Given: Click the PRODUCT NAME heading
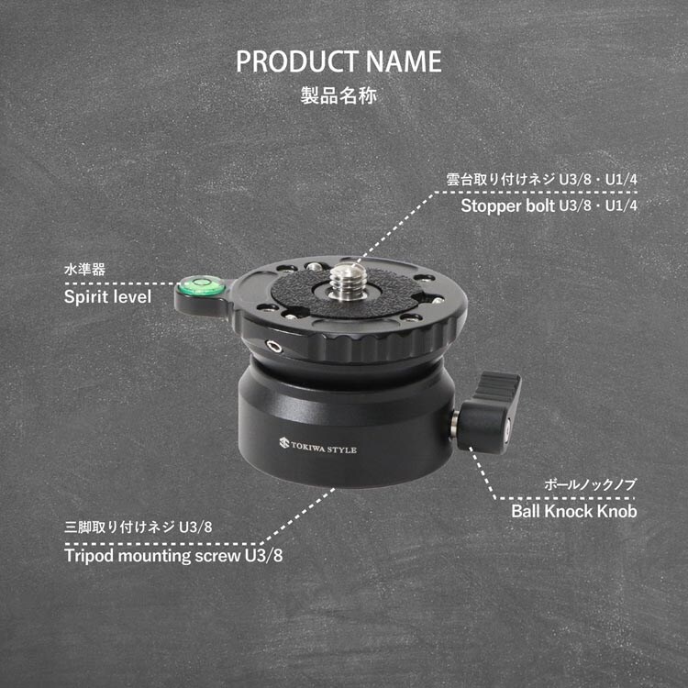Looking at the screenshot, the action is pyautogui.click(x=338, y=61).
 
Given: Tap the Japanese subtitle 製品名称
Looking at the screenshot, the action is pyautogui.click(x=338, y=95).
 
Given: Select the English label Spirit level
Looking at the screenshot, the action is pyautogui.click(x=108, y=296).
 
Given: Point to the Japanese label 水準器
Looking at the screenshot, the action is pyautogui.click(x=84, y=269).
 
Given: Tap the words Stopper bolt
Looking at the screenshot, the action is pyautogui.click(x=507, y=205).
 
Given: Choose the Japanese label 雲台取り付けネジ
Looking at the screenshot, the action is pyautogui.click(x=501, y=179).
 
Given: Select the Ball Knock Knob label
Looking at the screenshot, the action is pyautogui.click(x=574, y=511).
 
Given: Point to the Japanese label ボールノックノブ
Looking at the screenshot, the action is pyautogui.click(x=590, y=484).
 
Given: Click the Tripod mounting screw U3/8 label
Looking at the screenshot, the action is pyautogui.click(x=173, y=556).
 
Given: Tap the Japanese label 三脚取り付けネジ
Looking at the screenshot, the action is pyautogui.click(x=119, y=527).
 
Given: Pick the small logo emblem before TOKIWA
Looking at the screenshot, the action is pyautogui.click(x=283, y=442).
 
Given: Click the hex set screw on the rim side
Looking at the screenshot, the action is pyautogui.click(x=274, y=348).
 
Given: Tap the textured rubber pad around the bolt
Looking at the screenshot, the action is pyautogui.click(x=347, y=292).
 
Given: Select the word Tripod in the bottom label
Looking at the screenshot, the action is pyautogui.click(x=89, y=556).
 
